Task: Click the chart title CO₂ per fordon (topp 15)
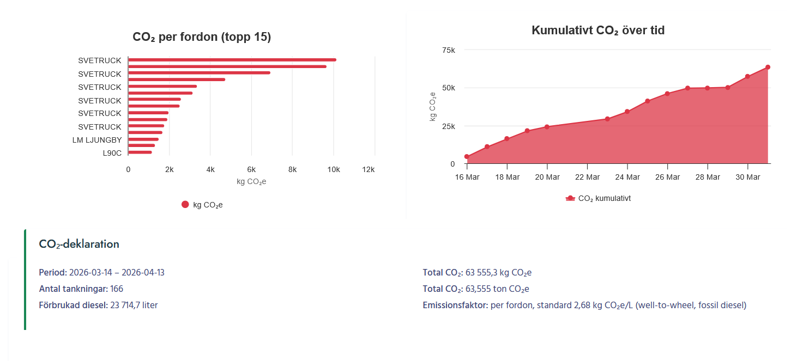(202, 37)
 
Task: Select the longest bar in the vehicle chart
(232, 60)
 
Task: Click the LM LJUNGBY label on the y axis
(97, 140)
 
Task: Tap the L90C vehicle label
(112, 153)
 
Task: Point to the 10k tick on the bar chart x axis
(333, 169)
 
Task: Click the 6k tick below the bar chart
(251, 169)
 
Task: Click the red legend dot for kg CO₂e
(185, 205)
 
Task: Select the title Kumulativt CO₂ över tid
(598, 30)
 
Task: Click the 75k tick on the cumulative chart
(448, 50)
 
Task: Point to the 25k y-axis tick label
(448, 126)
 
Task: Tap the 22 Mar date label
(587, 177)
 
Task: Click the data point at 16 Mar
(467, 157)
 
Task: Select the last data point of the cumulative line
(768, 68)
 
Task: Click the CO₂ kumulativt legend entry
(598, 199)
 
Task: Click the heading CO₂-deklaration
(79, 244)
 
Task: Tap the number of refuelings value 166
(117, 289)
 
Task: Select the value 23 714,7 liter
(134, 305)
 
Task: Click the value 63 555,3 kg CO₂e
(498, 272)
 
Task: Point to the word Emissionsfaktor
(455, 305)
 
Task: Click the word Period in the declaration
(52, 272)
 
